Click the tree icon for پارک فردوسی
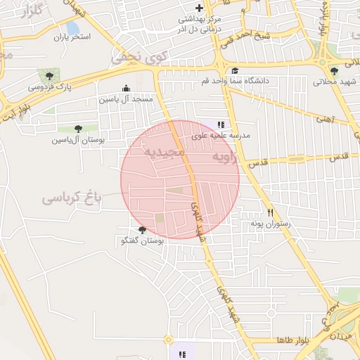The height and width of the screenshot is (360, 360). (49, 75)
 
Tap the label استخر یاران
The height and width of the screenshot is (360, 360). (71, 37)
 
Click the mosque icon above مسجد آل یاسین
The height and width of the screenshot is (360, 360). (126, 88)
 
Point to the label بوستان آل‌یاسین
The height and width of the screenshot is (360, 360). (77, 140)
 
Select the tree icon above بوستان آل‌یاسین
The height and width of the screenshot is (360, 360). (77, 128)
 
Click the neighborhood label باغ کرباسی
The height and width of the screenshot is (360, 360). (72, 198)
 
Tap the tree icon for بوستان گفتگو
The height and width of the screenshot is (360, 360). (142, 230)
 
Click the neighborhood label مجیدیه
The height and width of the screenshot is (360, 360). (164, 152)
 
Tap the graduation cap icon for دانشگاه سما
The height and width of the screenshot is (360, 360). (233, 70)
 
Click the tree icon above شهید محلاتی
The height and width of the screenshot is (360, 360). (334, 71)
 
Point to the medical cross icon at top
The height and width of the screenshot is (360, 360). (199, 8)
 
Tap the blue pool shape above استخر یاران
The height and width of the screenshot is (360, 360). (72, 28)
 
